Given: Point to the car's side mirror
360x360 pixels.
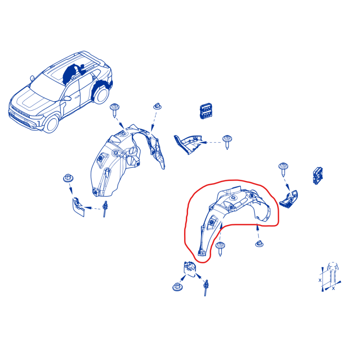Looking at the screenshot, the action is point(67,99).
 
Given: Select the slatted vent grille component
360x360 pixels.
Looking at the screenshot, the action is point(206,111).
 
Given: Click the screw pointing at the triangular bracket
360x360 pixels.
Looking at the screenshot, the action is point(227,142).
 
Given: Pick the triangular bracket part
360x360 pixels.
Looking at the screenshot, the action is point(188,144).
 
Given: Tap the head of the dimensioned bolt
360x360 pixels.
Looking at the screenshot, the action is point(333,266).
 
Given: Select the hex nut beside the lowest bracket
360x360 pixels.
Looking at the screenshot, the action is point(177,287).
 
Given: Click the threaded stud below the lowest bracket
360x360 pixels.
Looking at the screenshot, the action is point(206,288).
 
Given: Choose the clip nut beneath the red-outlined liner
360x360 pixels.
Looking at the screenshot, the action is point(259,243).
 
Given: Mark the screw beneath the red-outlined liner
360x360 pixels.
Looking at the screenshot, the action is point(220,249).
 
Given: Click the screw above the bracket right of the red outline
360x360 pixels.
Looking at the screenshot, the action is point(283,170).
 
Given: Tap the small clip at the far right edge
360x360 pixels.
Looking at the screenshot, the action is point(318,175).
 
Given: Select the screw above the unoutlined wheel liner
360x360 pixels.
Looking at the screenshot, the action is point(115,111).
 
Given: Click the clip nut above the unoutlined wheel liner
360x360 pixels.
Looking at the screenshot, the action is point(157,106).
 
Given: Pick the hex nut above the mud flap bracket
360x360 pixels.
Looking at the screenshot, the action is point(68,178).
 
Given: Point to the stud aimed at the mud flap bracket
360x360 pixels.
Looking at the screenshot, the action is point(105,209).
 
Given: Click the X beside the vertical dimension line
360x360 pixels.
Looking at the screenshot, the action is point(320,280).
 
